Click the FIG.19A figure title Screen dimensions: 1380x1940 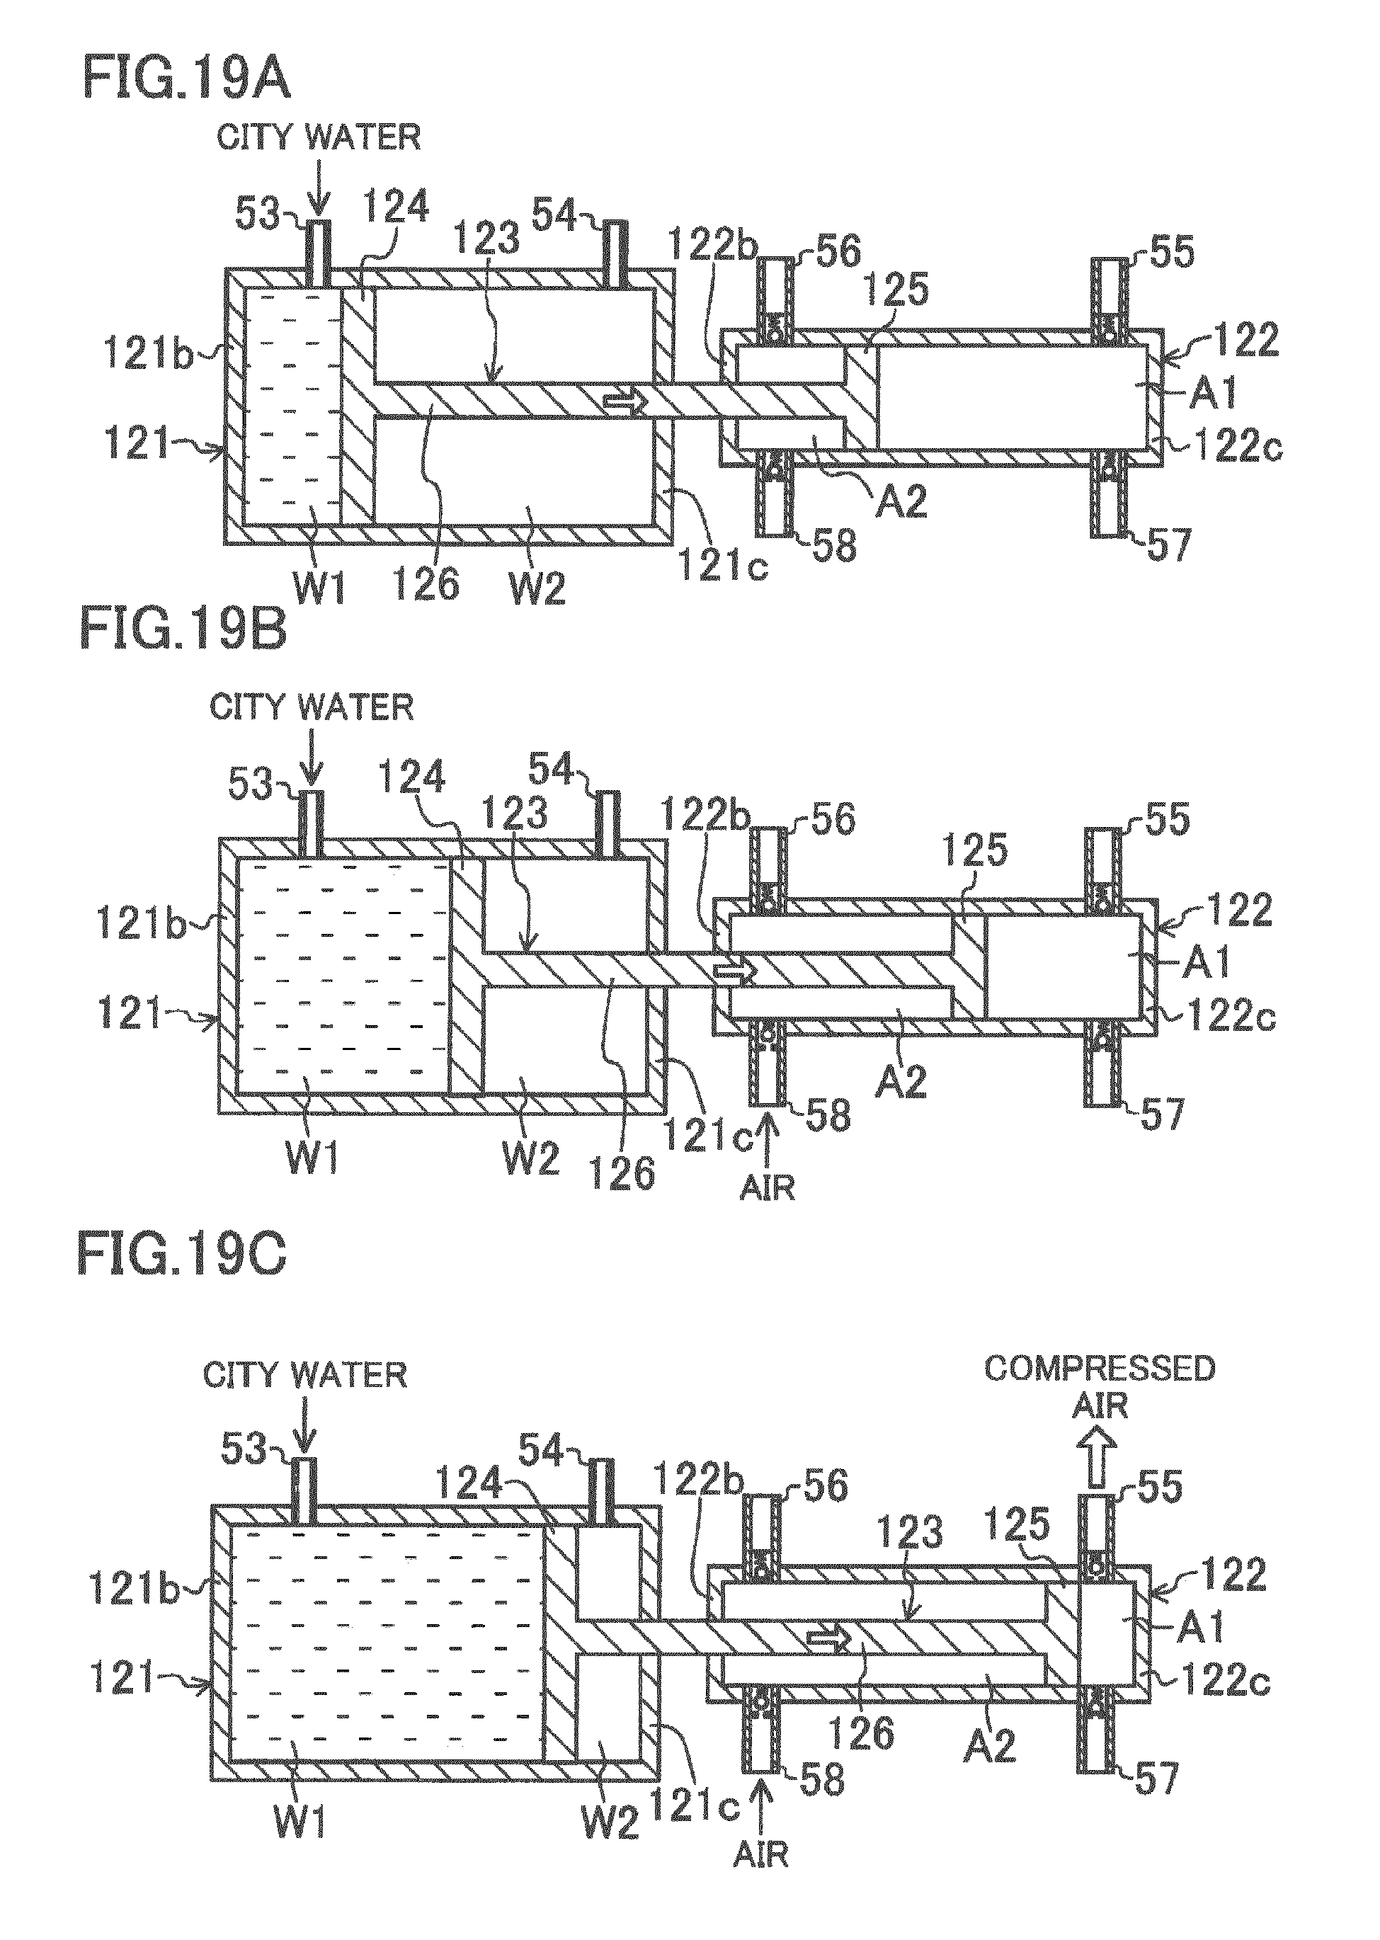187,81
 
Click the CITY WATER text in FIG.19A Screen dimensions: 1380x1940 319,137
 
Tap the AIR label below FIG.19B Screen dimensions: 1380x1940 768,1187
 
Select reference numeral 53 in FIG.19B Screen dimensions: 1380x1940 250,784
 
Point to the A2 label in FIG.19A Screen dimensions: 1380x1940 899,499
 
